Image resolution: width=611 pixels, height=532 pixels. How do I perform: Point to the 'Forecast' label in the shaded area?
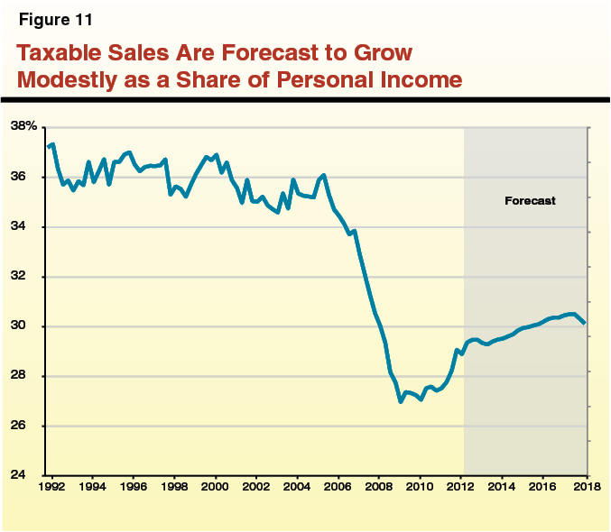click(530, 201)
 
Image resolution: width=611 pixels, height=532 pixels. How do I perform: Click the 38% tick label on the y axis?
click(24, 126)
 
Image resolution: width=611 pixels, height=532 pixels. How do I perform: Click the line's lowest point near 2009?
click(401, 401)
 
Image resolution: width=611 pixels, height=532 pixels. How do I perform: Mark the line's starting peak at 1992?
click(53, 144)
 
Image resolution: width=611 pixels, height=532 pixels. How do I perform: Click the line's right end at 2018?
click(586, 323)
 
